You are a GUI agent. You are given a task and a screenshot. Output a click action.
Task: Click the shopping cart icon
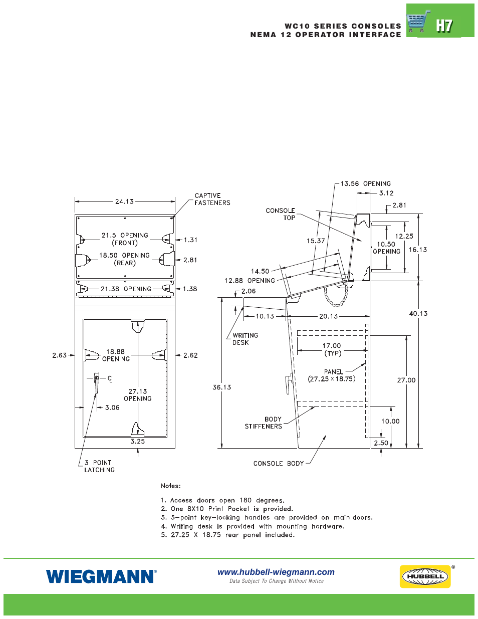(418, 22)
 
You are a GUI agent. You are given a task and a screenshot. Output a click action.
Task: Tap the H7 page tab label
(444, 26)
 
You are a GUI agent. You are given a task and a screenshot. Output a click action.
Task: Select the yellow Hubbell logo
(425, 576)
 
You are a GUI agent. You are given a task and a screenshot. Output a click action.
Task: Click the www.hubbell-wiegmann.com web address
(276, 572)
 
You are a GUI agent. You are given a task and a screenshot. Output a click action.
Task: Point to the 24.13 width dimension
(124, 201)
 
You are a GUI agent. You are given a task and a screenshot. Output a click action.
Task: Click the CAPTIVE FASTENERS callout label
(212, 199)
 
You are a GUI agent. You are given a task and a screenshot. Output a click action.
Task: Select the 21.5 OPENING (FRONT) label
(125, 239)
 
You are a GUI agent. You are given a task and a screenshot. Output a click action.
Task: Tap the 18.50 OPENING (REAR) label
(124, 259)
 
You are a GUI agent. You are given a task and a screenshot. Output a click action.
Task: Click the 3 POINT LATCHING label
(99, 466)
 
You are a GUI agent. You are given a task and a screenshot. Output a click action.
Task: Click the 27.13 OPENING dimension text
(138, 395)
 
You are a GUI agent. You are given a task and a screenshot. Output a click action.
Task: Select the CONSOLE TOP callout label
(281, 214)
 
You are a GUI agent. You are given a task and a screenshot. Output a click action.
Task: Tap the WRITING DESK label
(245, 339)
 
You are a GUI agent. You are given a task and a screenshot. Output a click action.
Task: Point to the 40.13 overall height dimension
(418, 313)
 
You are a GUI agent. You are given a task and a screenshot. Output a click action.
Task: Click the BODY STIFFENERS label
(264, 423)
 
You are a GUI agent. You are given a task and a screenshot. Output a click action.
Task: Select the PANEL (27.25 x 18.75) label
(332, 375)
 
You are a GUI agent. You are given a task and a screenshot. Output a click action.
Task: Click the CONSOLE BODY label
(279, 464)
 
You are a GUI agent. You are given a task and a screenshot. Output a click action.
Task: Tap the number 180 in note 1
(246, 500)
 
